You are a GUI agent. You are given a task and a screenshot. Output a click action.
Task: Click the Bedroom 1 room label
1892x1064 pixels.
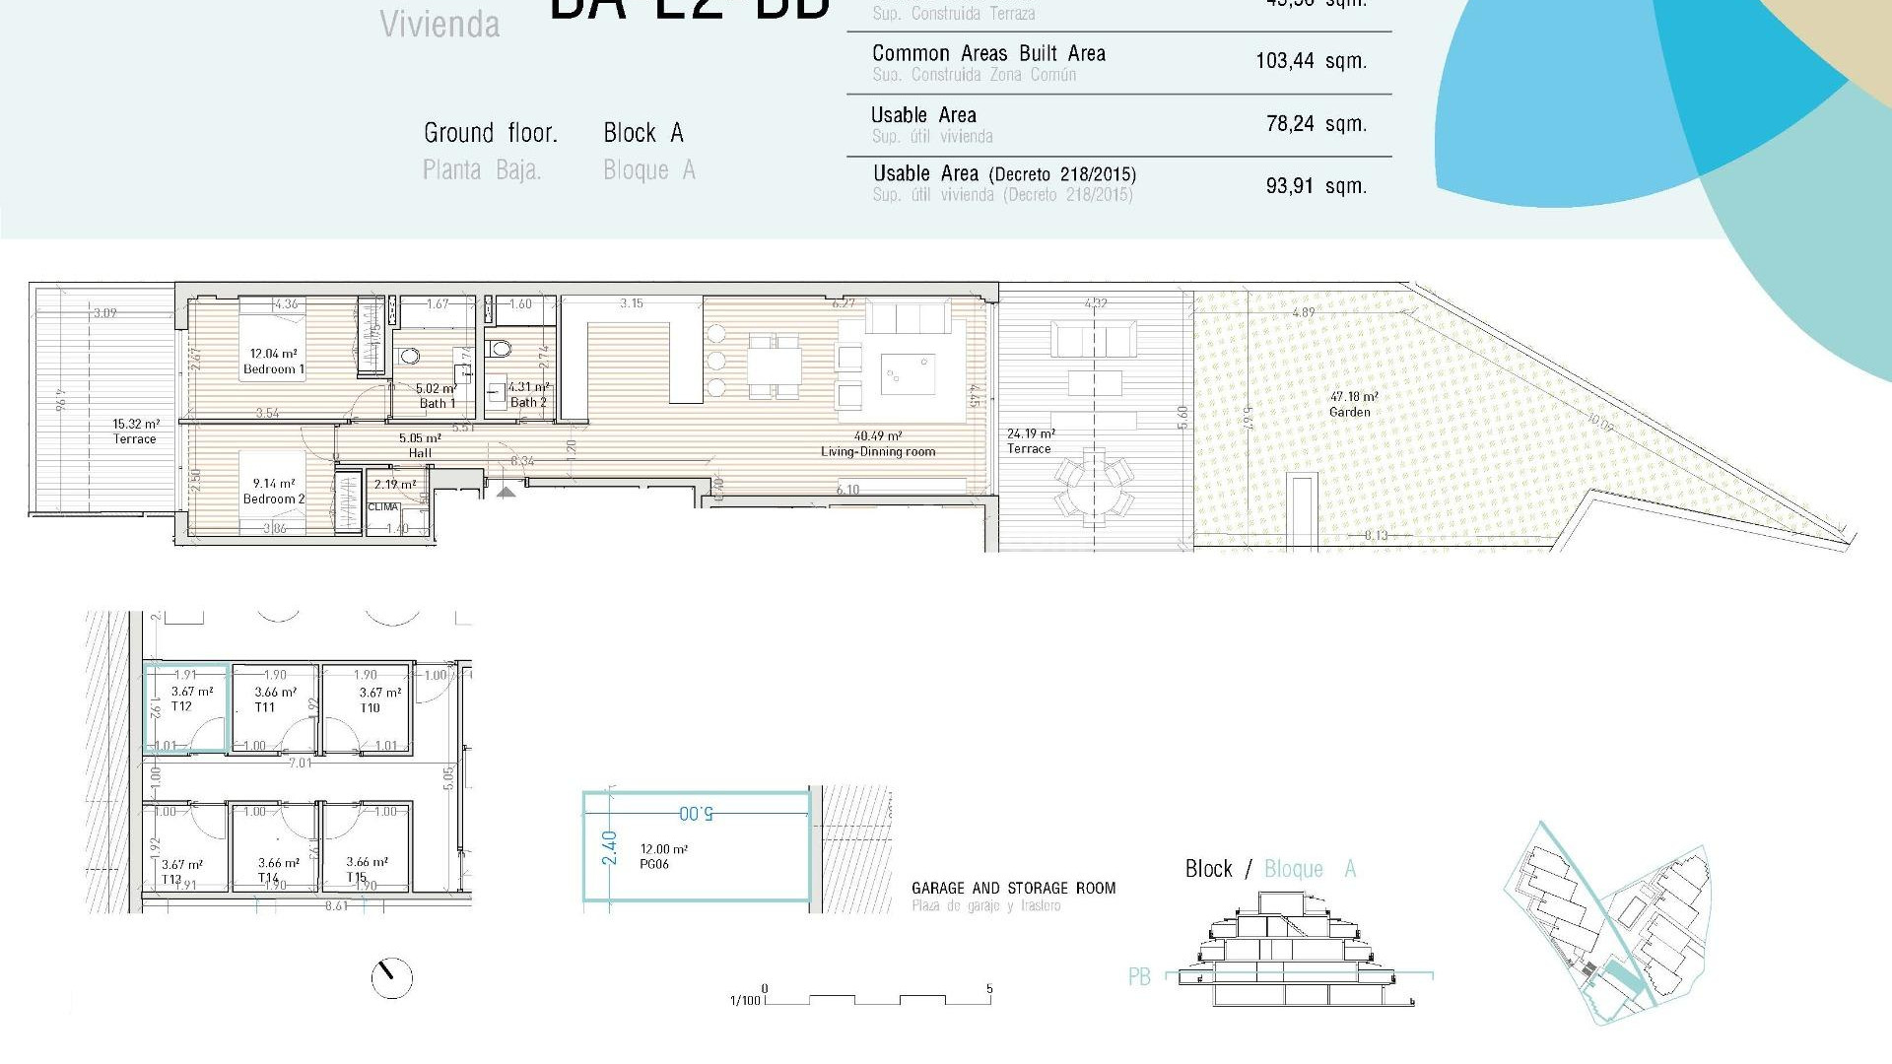pyautogui.click(x=274, y=369)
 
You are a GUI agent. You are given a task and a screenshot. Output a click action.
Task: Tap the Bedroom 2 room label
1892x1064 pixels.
pyautogui.click(x=274, y=499)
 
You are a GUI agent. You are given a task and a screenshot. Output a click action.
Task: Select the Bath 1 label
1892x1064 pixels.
pyautogui.click(x=437, y=403)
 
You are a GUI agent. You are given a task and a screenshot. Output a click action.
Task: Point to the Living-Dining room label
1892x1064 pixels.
pyautogui.click(x=878, y=452)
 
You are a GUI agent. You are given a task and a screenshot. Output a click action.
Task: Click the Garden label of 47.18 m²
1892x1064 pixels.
pyautogui.click(x=1350, y=412)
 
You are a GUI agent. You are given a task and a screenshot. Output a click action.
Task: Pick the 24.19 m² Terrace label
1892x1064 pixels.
pyautogui.click(x=1029, y=448)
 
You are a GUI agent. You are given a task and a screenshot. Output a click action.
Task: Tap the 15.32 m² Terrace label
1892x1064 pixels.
pyautogui.click(x=134, y=439)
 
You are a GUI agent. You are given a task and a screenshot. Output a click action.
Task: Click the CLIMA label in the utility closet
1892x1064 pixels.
pyautogui.click(x=383, y=507)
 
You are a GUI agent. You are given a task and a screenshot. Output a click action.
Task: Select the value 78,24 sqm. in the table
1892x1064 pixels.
pyautogui.click(x=1316, y=124)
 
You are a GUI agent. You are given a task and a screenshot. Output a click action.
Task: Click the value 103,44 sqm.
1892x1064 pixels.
pyautogui.click(x=1311, y=61)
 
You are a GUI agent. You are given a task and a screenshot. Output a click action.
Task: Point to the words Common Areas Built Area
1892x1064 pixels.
pyautogui.click(x=988, y=54)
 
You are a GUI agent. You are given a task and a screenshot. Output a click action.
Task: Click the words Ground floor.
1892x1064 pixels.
pyautogui.click(x=490, y=133)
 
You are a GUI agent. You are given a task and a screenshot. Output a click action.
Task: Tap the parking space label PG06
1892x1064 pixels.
pyautogui.click(x=654, y=864)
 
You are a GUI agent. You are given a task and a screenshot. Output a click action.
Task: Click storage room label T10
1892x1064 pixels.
pyautogui.click(x=370, y=707)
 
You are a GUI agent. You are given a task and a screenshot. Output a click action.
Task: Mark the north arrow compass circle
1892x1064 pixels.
pyautogui.click(x=391, y=977)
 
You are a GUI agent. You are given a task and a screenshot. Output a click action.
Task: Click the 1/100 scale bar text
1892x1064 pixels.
pyautogui.click(x=745, y=1001)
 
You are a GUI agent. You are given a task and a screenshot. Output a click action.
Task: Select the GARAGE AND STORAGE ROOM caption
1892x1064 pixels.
pyautogui.click(x=1013, y=888)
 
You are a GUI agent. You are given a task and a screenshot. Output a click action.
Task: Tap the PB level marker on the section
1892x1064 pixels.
pyautogui.click(x=1139, y=976)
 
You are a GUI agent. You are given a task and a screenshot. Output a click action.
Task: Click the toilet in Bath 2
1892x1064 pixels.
pyautogui.click(x=500, y=348)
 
